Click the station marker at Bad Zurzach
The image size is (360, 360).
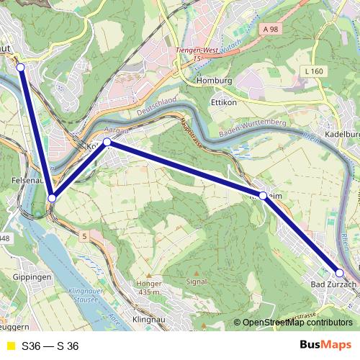click(x=340, y=273)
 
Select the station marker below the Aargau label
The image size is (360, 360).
click(x=107, y=142)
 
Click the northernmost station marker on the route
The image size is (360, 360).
click(x=20, y=67)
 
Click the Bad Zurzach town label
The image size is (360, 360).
click(x=333, y=285)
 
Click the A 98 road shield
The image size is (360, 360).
click(x=270, y=29)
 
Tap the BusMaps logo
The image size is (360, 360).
click(x=325, y=346)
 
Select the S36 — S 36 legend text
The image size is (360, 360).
click(x=50, y=346)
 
